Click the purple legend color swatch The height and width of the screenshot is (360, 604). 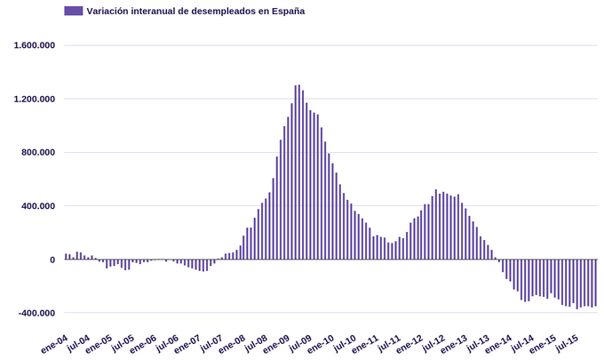[74, 11]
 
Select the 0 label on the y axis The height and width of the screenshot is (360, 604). [52, 260]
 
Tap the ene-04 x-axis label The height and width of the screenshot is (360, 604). [55, 344]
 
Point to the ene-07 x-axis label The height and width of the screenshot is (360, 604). [189, 344]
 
